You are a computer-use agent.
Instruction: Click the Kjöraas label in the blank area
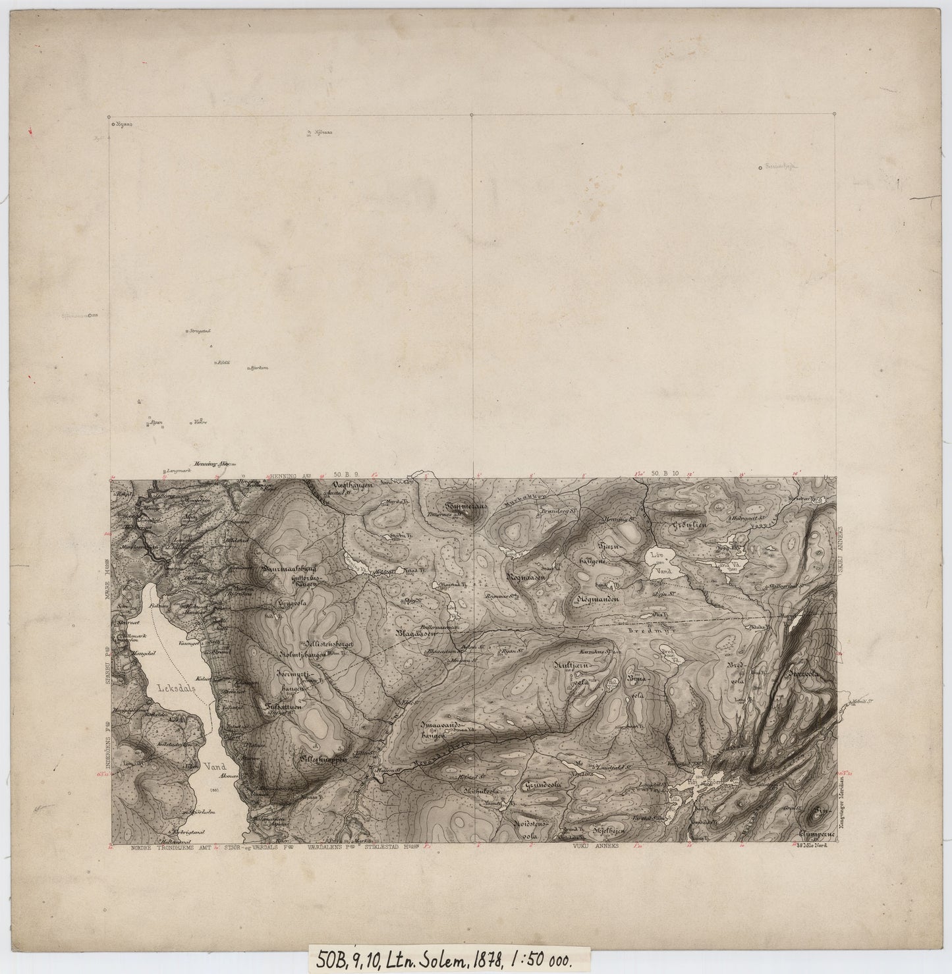coord(323,132)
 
